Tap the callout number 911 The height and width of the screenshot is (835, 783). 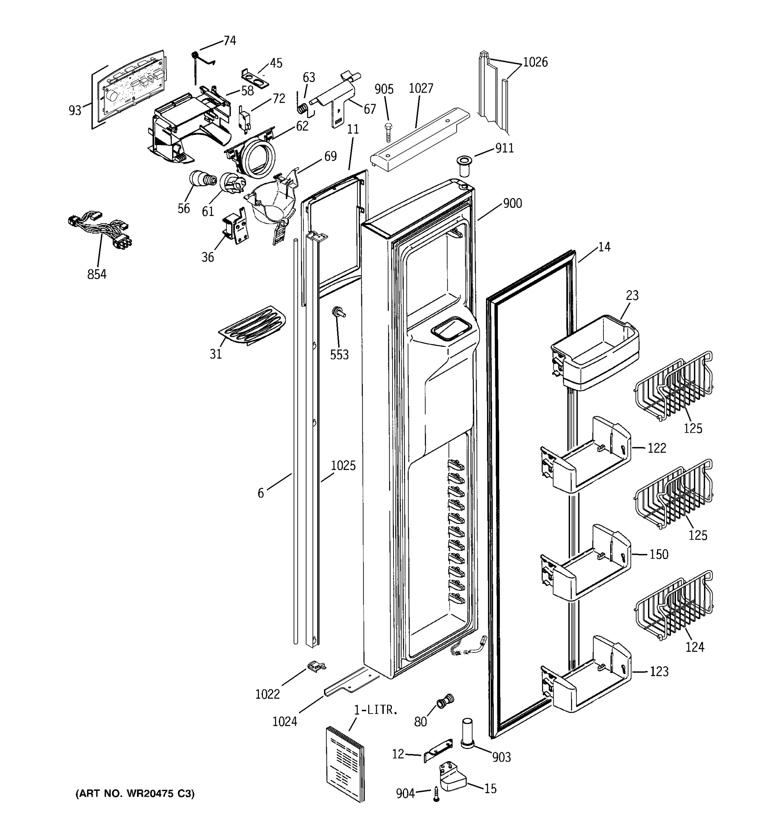[505, 148]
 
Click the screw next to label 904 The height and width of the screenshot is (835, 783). [436, 794]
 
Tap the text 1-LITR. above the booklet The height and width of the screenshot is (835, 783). [375, 710]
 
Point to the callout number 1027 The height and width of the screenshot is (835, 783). [420, 89]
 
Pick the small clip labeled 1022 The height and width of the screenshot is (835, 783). [316, 665]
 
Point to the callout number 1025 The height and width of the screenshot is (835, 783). [343, 466]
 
